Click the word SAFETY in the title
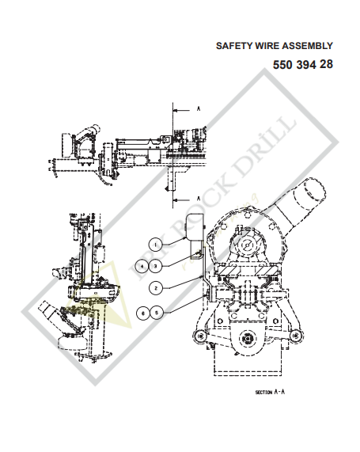(234, 47)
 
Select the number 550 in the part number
(283, 65)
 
